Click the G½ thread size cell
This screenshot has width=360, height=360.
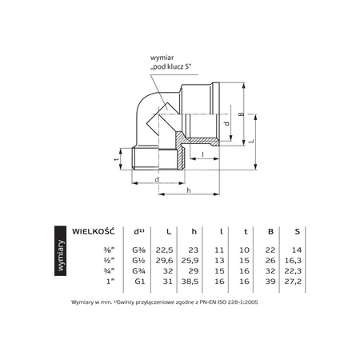(x=138, y=261)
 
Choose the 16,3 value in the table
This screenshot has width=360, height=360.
(x=296, y=261)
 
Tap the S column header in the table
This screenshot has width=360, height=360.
(x=297, y=233)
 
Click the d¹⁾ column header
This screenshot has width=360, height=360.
(x=138, y=233)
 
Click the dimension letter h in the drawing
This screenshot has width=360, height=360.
(x=188, y=190)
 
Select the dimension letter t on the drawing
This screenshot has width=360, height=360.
(x=115, y=159)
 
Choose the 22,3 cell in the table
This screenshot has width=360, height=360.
(x=296, y=271)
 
